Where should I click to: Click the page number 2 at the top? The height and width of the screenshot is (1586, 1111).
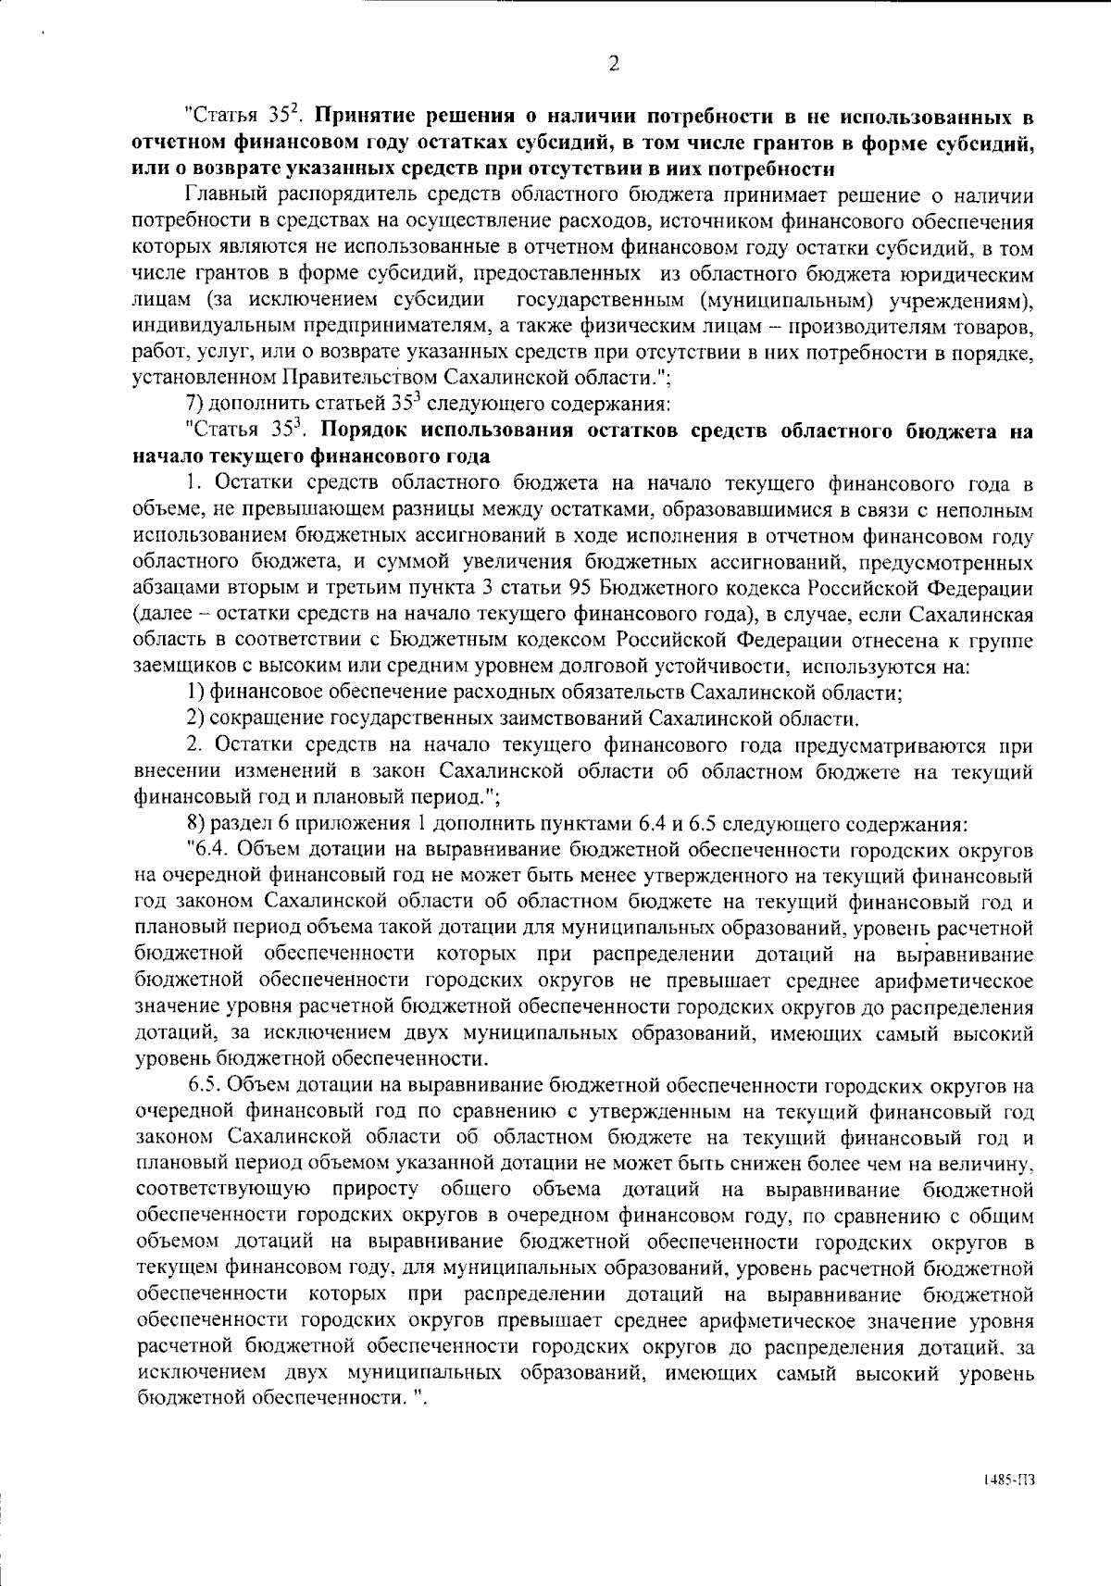click(612, 64)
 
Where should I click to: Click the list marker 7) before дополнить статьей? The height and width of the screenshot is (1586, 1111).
click(195, 405)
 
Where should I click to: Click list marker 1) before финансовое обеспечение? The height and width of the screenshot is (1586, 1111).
click(195, 692)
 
